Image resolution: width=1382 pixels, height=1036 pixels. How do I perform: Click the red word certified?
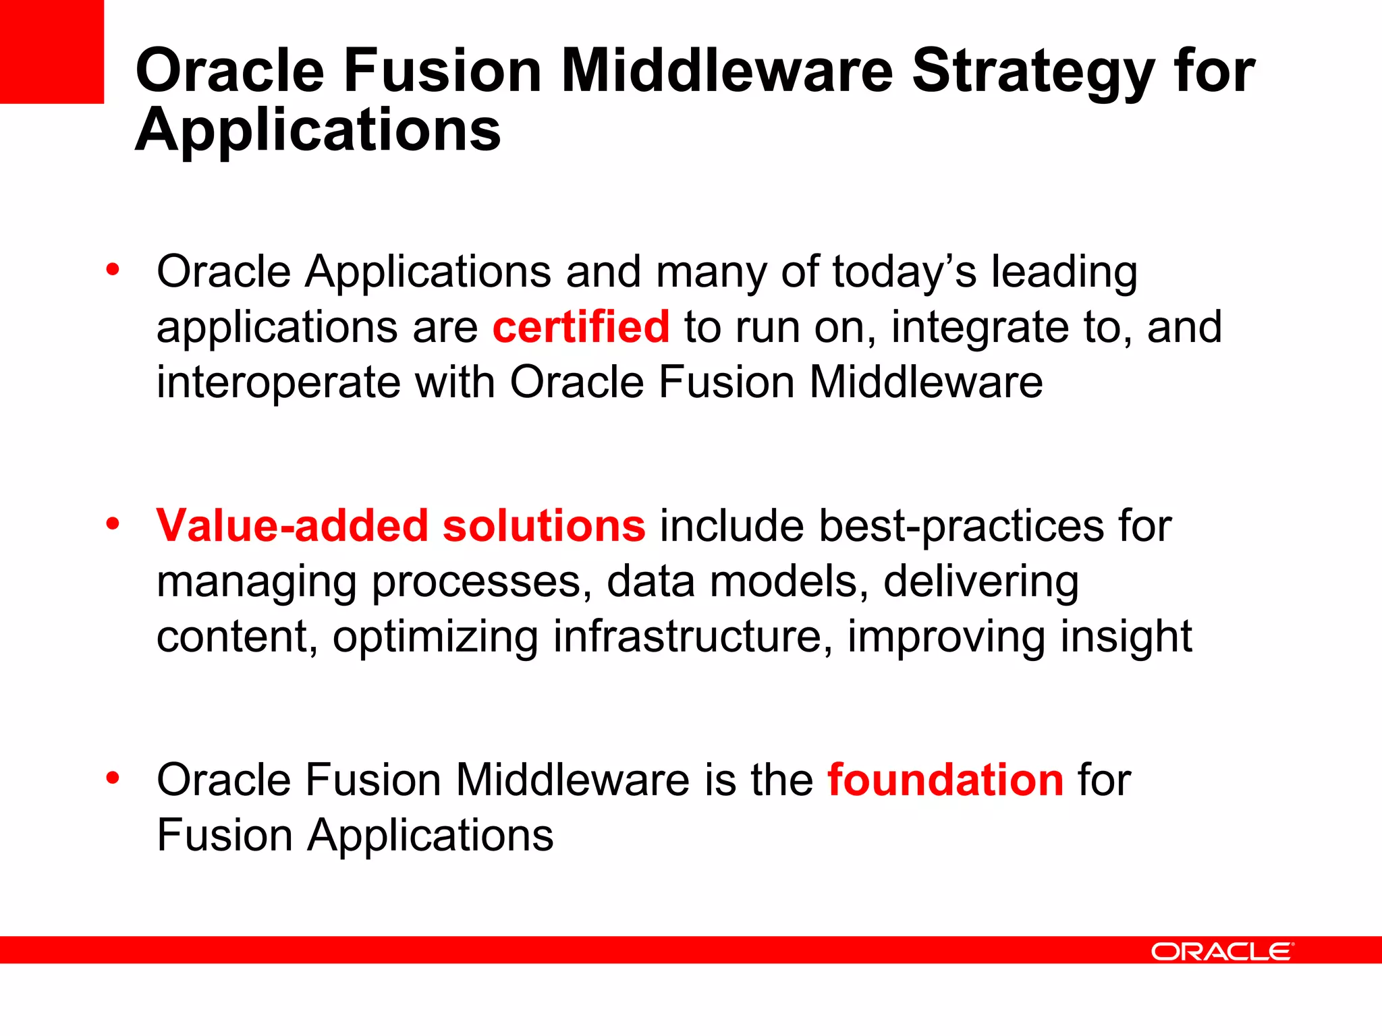tap(580, 327)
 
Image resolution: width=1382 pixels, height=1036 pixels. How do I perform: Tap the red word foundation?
tap(945, 780)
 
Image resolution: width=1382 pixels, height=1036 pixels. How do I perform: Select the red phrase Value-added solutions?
tap(401, 526)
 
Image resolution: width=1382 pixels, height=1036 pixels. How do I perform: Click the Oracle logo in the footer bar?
tap(1222, 952)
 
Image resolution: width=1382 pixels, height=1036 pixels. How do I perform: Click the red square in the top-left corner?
tap(51, 51)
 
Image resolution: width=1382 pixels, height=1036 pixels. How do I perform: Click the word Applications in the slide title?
tap(318, 129)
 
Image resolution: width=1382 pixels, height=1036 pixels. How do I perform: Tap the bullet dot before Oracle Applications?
tap(113, 270)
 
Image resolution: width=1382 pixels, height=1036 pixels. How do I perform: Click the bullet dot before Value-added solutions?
tap(113, 523)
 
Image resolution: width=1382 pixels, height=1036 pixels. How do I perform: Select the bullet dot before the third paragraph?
tap(113, 778)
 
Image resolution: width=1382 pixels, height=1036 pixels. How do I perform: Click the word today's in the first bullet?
tap(904, 272)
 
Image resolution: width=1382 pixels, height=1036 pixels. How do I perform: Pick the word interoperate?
tap(279, 382)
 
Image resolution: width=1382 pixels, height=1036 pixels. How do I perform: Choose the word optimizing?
tap(435, 637)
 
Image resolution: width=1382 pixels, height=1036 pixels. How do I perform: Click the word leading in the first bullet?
tap(1064, 272)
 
